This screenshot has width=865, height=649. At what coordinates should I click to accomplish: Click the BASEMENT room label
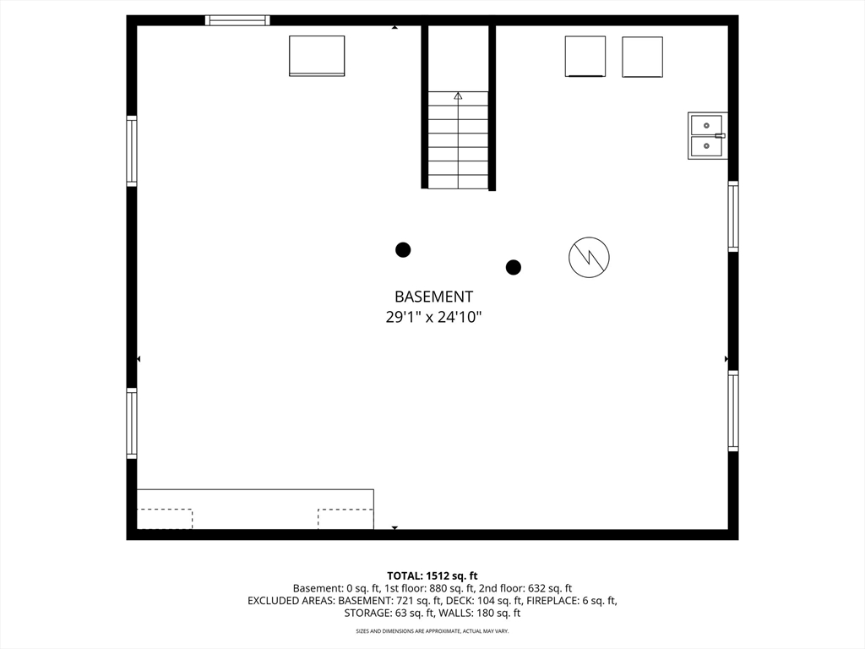(x=433, y=297)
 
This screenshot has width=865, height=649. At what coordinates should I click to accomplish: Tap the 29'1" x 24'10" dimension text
(x=433, y=318)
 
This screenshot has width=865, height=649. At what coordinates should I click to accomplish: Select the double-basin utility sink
(x=707, y=136)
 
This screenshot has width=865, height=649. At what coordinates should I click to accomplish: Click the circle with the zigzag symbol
(x=589, y=257)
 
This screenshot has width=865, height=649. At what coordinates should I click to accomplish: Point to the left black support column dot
(x=403, y=250)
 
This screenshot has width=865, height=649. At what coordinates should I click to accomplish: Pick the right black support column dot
(x=514, y=267)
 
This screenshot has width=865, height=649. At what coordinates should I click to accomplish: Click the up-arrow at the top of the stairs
(x=458, y=96)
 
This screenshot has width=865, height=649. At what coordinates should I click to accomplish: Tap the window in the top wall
(x=237, y=20)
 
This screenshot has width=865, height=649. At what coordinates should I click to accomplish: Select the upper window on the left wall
(x=132, y=150)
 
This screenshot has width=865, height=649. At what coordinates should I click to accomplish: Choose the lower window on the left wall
(x=132, y=423)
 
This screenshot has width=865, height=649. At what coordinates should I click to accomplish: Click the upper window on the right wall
(x=733, y=215)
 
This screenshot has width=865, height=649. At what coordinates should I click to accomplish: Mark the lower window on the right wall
(x=733, y=412)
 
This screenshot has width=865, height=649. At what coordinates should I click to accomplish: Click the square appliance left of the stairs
(x=318, y=56)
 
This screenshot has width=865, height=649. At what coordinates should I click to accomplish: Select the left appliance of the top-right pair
(x=585, y=57)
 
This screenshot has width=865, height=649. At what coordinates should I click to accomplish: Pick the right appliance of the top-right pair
(x=643, y=57)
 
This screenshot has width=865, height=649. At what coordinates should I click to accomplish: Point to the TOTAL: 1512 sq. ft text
(x=432, y=576)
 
